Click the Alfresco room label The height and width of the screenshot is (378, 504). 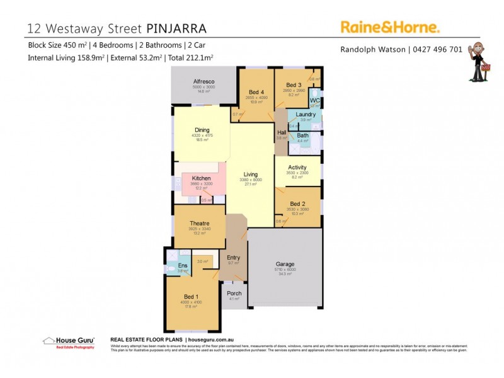[203, 82]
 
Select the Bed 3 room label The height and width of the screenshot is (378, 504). [294, 85]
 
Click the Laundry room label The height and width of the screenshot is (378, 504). [306, 115]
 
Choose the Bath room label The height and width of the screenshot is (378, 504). [303, 135]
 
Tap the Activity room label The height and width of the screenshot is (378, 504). [297, 168]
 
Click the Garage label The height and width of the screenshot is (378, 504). [285, 264]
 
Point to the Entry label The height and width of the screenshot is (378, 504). [233, 257]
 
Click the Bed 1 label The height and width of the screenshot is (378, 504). [192, 296]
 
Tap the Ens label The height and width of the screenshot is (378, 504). [182, 266]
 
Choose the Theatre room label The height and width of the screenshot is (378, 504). [199, 223]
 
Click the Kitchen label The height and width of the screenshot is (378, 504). [201, 178]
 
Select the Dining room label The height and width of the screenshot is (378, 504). [202, 130]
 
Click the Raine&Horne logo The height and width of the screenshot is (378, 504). [390, 26]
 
